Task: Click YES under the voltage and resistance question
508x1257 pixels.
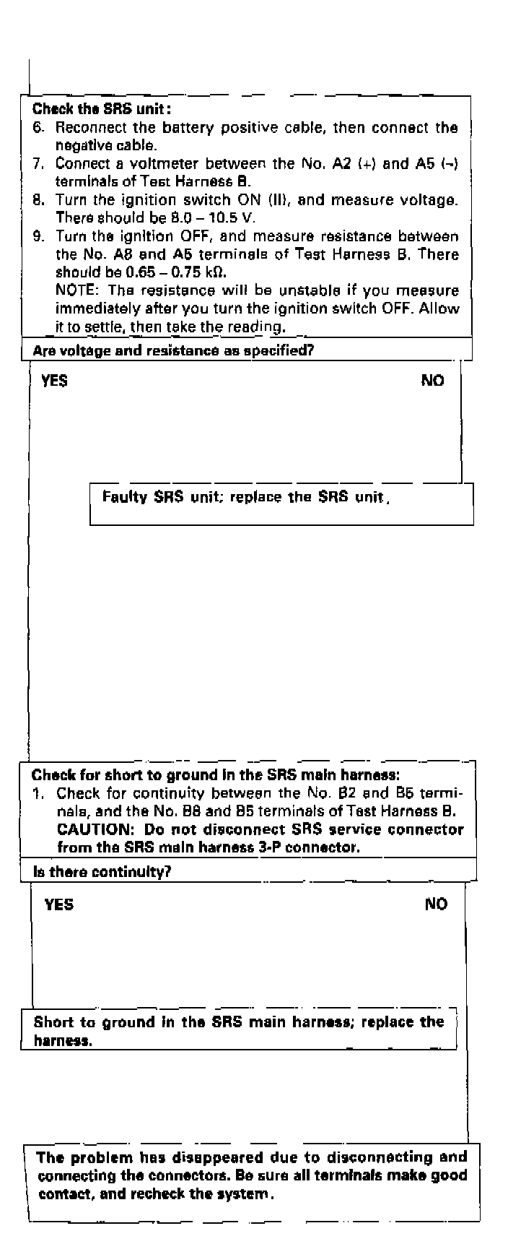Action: pyautogui.click(x=55, y=381)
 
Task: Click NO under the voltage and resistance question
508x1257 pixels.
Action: pyautogui.click(x=433, y=381)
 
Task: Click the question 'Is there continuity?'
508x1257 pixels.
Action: pyautogui.click(x=102, y=872)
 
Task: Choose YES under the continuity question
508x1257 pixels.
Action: pyautogui.click(x=58, y=904)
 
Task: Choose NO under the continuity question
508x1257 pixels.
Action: pyautogui.click(x=436, y=904)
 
